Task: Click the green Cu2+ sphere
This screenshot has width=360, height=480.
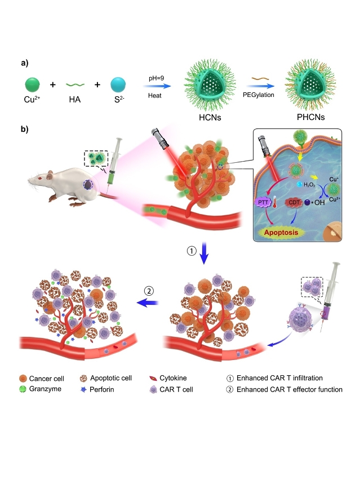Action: (33, 85)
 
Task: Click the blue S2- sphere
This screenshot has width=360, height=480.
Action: (118, 85)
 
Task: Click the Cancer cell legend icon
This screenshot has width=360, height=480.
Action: (25, 377)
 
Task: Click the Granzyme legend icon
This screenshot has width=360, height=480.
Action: (25, 389)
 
